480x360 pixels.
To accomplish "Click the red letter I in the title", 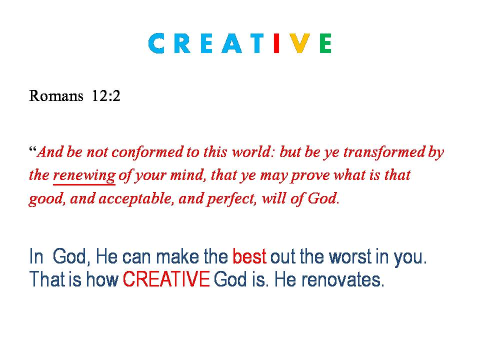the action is pos(276,43).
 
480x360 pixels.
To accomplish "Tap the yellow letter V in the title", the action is pos(299,43).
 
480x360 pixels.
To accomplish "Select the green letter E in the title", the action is pos(325,43).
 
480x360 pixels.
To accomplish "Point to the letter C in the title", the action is pos(156,43).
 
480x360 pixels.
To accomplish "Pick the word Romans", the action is pos(56,96).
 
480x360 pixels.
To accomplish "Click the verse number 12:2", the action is pos(106,96).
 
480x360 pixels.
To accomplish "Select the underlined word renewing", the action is pos(84,175).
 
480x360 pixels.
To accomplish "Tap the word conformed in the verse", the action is pos(147,152).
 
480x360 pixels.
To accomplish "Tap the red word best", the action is pos(249,256).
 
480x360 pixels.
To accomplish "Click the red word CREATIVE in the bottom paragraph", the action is pos(166,279).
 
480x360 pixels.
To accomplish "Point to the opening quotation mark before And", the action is pos(33,149).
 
